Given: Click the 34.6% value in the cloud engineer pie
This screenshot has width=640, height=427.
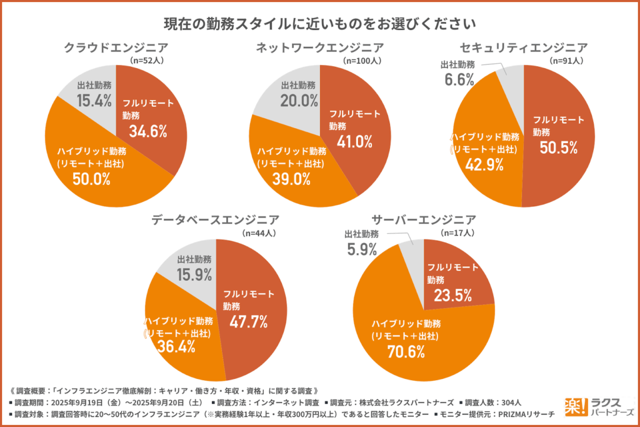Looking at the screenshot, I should (148, 131).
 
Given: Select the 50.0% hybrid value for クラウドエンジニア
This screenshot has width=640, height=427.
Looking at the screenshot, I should (92, 179).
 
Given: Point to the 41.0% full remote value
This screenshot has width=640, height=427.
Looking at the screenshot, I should (354, 141).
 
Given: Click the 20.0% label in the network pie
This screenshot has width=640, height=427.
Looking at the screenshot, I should (298, 101).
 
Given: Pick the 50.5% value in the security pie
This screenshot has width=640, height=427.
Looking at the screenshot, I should (558, 148).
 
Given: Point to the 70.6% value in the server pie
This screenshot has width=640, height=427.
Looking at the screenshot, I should (406, 351).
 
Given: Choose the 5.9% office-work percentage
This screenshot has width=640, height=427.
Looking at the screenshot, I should (361, 250).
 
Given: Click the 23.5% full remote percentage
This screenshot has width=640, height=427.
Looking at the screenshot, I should (453, 295).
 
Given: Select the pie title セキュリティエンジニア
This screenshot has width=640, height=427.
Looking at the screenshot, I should (524, 47).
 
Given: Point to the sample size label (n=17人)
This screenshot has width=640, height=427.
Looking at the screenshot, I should (459, 233).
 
